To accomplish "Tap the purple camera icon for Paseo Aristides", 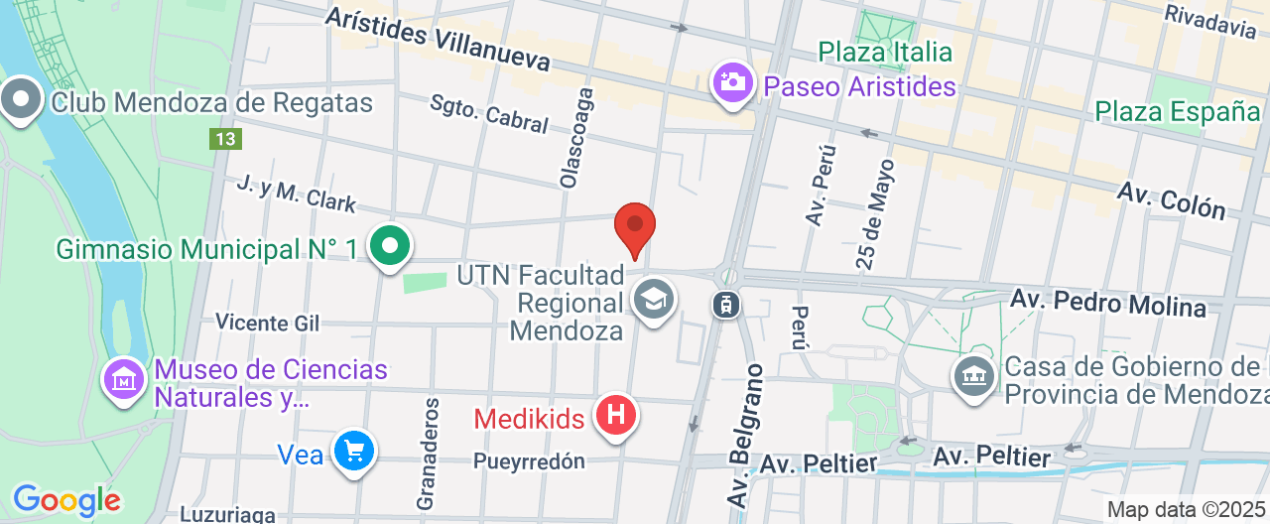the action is point(733,82).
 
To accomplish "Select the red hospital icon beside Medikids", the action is point(615,415).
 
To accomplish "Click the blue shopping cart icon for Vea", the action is point(353,452).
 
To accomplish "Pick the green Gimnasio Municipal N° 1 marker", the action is point(390,244).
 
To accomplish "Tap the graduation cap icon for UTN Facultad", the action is point(654,298).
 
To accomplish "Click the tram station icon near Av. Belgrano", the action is point(726,304).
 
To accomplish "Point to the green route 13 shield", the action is point(225,138).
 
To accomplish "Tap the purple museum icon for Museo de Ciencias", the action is point(125,378).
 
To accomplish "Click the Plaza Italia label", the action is point(885,52).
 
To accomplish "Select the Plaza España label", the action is point(1177,111).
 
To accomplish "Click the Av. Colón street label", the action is point(1171,199).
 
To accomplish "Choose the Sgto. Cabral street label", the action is point(488,114).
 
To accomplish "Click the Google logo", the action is point(66,500).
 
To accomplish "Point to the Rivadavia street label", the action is point(1210,20).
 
